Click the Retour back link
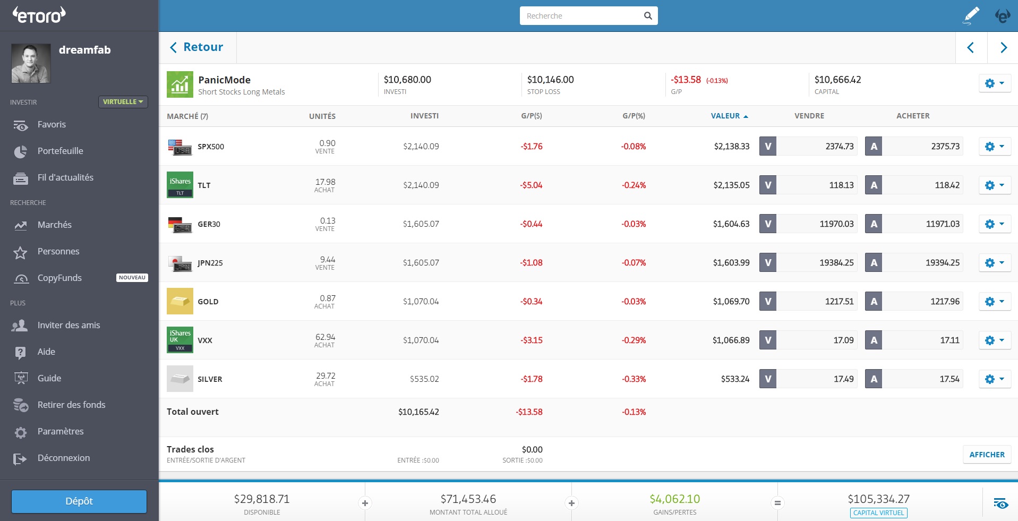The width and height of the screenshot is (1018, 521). pyautogui.click(x=196, y=47)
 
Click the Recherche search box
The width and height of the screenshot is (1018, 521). pyautogui.click(x=581, y=16)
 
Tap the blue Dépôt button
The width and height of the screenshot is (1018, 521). pyautogui.click(x=79, y=501)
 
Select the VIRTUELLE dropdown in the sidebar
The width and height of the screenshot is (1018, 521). pyautogui.click(x=123, y=102)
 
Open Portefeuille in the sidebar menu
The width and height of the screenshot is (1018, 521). pyautogui.click(x=60, y=151)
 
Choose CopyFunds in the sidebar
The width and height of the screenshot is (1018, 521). pyautogui.click(x=59, y=278)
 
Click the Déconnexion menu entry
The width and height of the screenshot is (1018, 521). pyautogui.click(x=63, y=458)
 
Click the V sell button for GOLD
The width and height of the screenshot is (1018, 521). pyautogui.click(x=768, y=301)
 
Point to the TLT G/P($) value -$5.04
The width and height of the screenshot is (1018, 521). pyautogui.click(x=531, y=185)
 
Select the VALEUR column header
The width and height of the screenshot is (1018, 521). pyautogui.click(x=725, y=116)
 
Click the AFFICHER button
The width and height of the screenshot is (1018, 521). pyautogui.click(x=987, y=455)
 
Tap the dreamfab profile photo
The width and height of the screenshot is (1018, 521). pyautogui.click(x=31, y=63)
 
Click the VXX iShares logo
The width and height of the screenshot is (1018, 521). pyautogui.click(x=180, y=340)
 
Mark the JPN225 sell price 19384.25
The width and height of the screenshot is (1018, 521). pyautogui.click(x=836, y=263)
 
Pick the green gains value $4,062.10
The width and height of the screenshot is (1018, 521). pyautogui.click(x=674, y=499)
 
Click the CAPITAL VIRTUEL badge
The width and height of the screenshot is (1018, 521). pyautogui.click(x=878, y=513)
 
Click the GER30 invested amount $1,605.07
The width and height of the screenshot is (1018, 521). pyautogui.click(x=421, y=224)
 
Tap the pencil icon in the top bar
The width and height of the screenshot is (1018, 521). pyautogui.click(x=971, y=15)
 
